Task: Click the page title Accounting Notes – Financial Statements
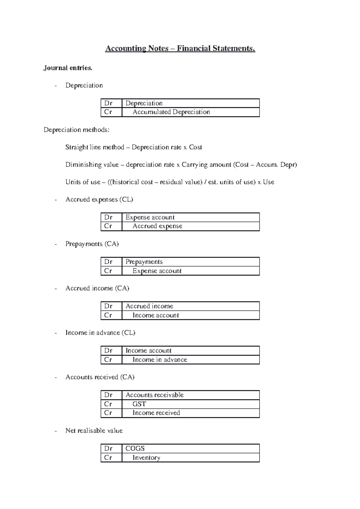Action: tap(180, 49)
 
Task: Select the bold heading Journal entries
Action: tap(68, 68)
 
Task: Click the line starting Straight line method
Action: tap(133, 147)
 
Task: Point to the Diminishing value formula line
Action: tap(181, 165)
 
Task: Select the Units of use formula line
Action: tap(169, 182)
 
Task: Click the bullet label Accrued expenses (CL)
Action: tap(99, 199)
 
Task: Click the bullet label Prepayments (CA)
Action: tap(92, 244)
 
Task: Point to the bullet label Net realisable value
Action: tap(94, 431)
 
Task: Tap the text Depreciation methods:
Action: tap(76, 130)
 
